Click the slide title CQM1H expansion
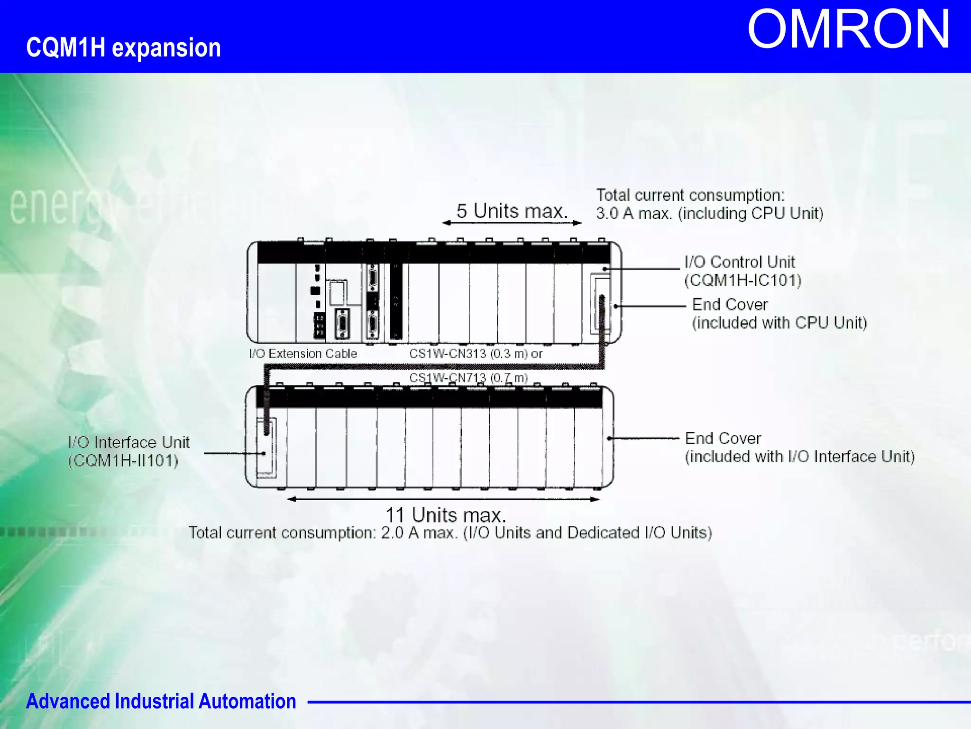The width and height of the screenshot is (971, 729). [123, 48]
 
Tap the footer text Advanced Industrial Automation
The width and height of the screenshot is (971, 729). [161, 701]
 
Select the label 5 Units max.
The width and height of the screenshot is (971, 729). [512, 211]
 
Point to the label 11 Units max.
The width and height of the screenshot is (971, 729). [446, 515]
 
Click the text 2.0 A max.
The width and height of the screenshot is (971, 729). [419, 533]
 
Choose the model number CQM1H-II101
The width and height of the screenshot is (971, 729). [123, 460]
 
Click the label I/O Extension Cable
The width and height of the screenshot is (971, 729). [303, 354]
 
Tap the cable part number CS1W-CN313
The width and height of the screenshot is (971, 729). [448, 354]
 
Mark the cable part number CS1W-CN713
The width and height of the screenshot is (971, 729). [448, 378]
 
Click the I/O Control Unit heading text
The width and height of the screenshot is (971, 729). [740, 262]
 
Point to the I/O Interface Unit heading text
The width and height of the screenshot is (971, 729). [129, 442]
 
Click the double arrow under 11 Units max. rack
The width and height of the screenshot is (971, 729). [444, 499]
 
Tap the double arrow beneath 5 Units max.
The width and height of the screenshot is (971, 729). [512, 223]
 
